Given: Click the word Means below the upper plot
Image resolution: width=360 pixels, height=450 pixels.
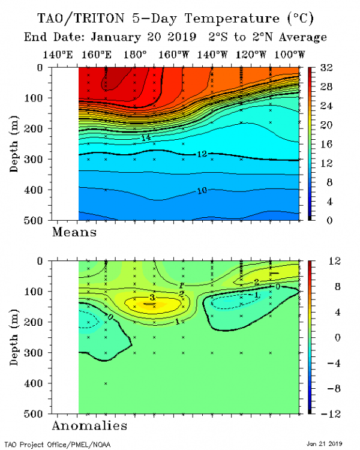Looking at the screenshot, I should click(76, 232).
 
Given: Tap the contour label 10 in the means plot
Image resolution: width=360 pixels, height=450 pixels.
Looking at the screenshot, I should click(203, 191).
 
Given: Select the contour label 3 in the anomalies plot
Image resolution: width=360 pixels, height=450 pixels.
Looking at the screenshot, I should click(152, 298).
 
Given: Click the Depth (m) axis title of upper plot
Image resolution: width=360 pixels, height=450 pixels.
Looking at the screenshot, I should click(14, 144).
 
